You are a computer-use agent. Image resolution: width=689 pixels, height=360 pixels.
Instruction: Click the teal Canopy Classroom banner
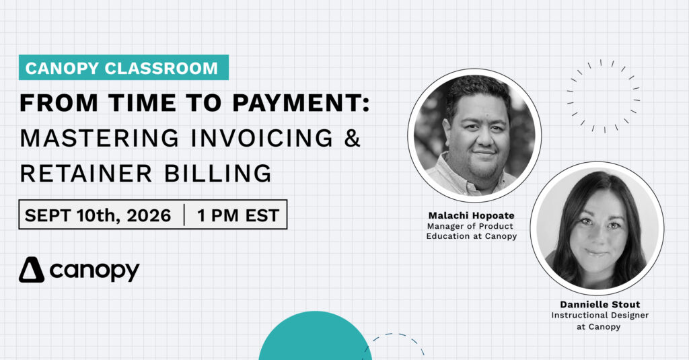click(124, 67)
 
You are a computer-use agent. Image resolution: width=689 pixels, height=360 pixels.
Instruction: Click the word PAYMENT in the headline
click(301, 104)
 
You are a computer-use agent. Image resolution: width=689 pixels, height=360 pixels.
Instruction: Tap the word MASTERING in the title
click(100, 138)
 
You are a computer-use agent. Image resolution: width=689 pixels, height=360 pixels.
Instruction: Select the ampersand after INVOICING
click(353, 138)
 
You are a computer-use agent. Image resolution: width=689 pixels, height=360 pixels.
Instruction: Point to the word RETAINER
click(85, 173)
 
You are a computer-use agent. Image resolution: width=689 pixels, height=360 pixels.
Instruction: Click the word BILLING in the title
click(218, 173)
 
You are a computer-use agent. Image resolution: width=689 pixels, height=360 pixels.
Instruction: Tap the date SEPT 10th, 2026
click(98, 215)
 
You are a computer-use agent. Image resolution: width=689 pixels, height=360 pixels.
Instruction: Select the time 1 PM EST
click(238, 215)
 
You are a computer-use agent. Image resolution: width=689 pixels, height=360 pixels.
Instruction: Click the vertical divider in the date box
click(184, 215)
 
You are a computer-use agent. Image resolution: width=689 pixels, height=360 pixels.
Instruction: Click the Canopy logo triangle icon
click(32, 269)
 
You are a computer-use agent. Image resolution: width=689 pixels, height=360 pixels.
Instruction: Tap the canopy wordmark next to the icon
click(94, 271)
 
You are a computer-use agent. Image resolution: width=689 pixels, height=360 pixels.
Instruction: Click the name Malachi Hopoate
click(472, 215)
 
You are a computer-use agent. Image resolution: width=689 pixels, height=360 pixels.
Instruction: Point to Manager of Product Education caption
click(472, 231)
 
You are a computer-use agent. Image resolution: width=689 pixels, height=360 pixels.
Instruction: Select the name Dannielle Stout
click(600, 304)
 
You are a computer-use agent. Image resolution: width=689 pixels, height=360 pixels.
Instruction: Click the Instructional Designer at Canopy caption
click(600, 321)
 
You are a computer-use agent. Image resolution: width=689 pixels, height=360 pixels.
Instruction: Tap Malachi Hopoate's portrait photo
click(474, 135)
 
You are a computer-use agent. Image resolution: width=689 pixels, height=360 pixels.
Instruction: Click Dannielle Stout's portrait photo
click(597, 229)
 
